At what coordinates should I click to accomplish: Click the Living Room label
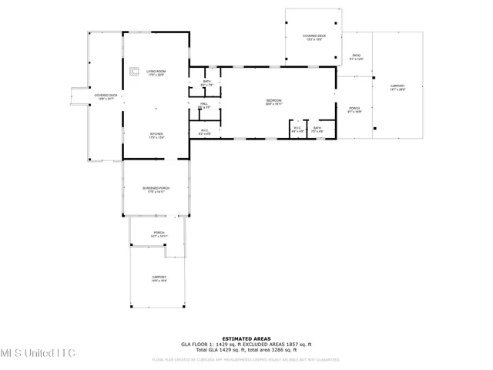(x=156, y=72)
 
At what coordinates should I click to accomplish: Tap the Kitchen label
(x=156, y=135)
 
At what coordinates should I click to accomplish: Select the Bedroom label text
(x=273, y=101)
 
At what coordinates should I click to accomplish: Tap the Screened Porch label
(x=156, y=190)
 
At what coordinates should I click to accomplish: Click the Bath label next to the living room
(x=206, y=83)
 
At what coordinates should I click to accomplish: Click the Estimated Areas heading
(x=246, y=338)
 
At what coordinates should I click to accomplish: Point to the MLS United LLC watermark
(x=38, y=353)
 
